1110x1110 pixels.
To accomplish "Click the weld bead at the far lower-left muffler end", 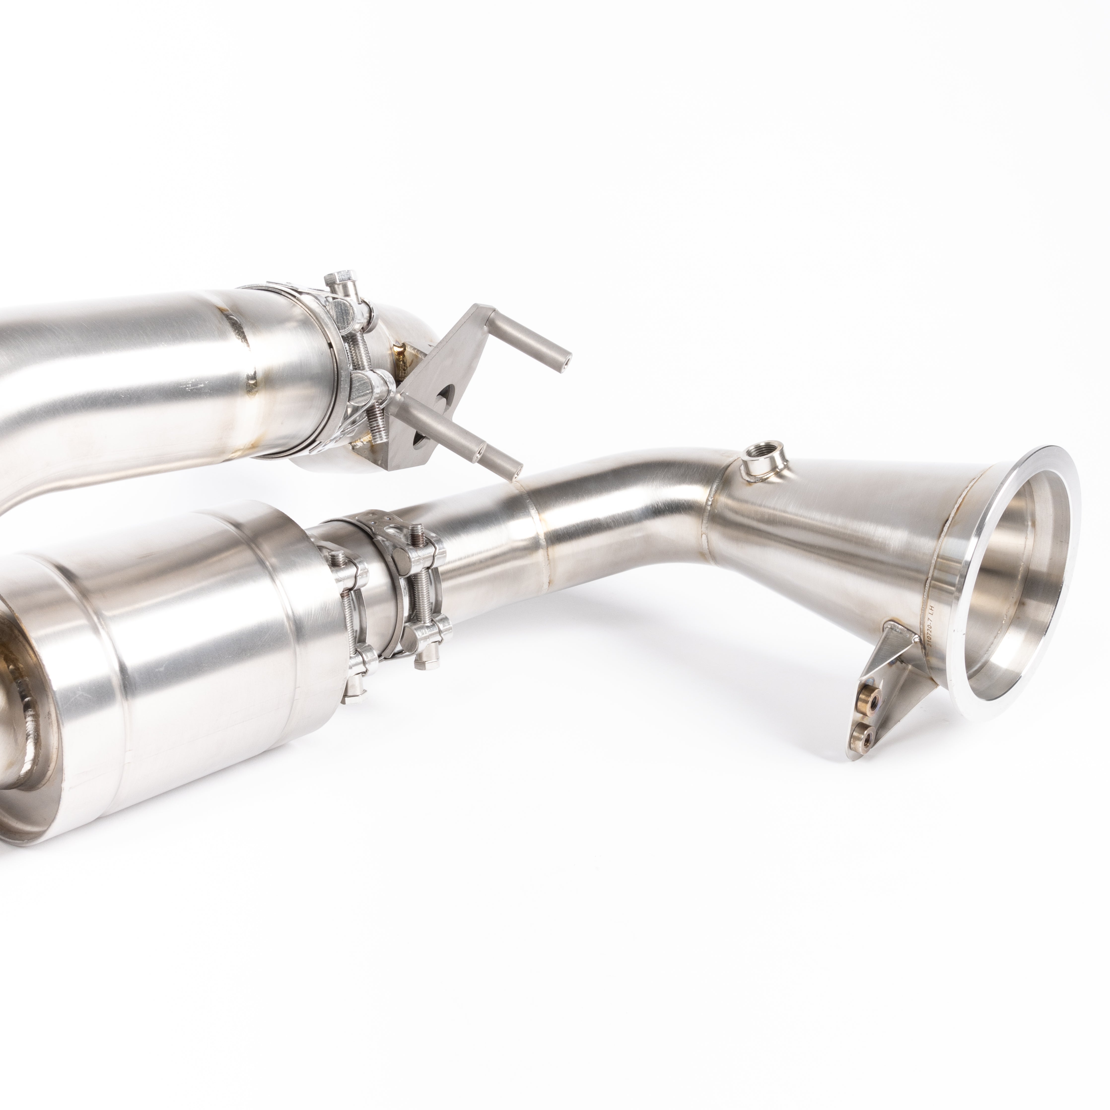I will (x=23, y=712).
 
